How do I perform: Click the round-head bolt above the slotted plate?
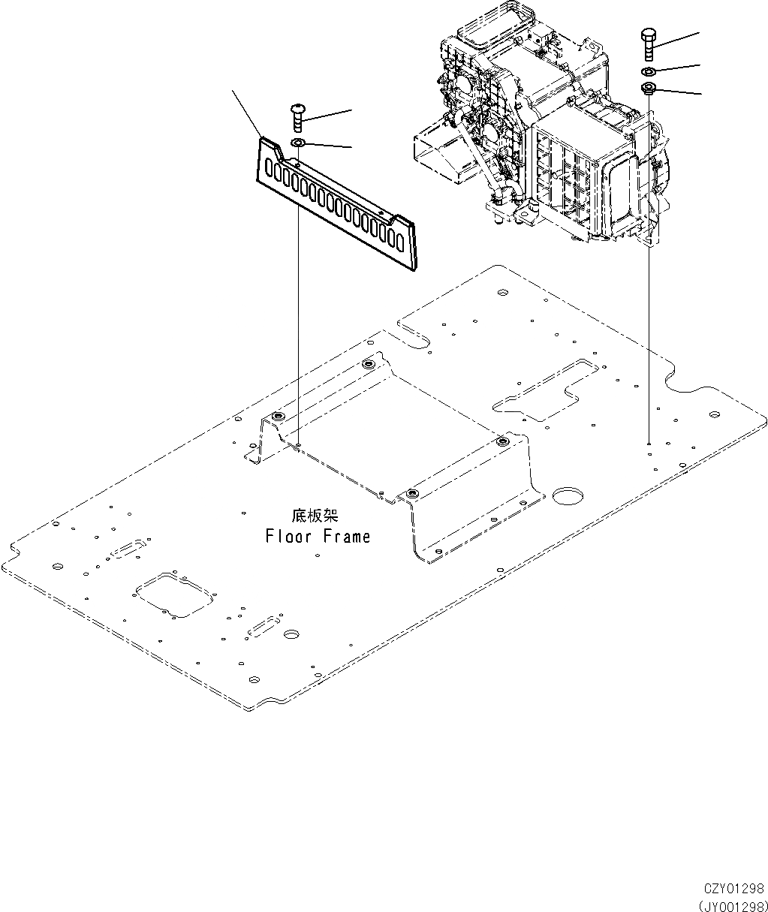tap(298, 118)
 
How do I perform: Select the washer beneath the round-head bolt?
tap(298, 143)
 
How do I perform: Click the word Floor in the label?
tap(291, 537)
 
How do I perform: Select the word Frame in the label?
tap(347, 537)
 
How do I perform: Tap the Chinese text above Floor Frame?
tap(315, 516)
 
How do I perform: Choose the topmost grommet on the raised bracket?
tap(368, 364)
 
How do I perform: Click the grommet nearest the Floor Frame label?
tap(411, 493)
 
